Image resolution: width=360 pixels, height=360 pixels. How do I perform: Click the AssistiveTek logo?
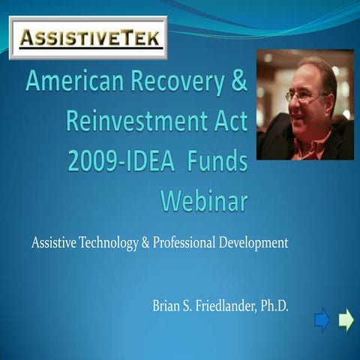(x=88, y=37)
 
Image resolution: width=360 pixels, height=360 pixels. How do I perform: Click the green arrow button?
(x=346, y=320)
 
